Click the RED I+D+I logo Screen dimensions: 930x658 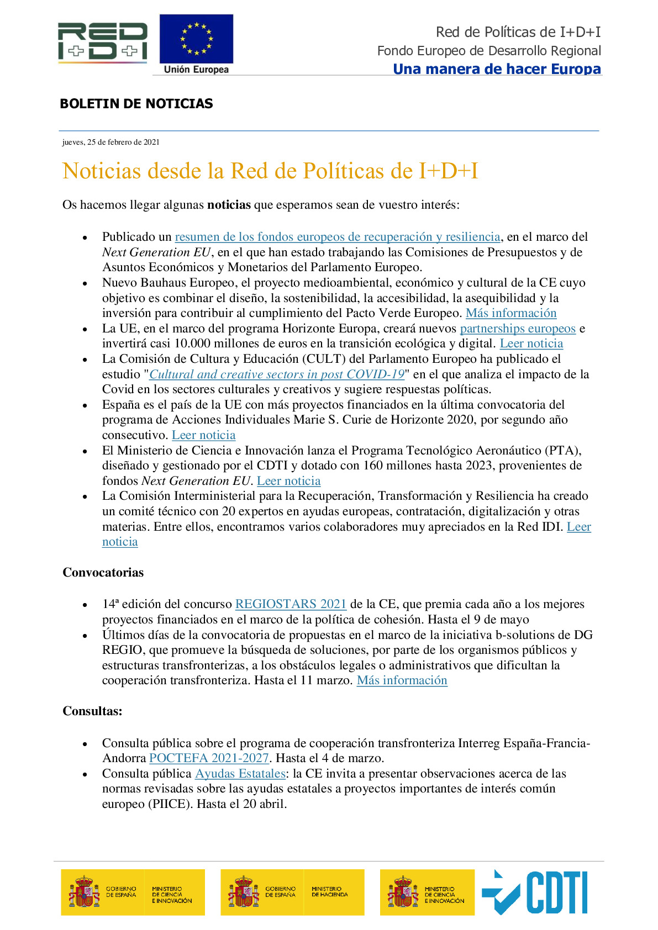(103, 42)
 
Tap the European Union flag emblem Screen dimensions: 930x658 (196, 39)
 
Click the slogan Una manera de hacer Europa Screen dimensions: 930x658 (497, 69)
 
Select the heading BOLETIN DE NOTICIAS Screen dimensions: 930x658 (136, 104)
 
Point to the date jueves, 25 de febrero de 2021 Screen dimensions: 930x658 (111, 142)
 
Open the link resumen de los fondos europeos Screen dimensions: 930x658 (338, 237)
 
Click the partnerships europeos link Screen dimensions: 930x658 (518, 329)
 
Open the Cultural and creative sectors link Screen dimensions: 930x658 (277, 374)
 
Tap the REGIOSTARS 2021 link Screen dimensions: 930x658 (291, 604)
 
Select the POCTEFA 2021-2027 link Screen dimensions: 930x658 (209, 758)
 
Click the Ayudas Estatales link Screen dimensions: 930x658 (240, 774)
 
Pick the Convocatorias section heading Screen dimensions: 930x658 (103, 573)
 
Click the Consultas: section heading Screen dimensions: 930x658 (92, 711)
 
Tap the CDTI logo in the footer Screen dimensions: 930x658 (535, 892)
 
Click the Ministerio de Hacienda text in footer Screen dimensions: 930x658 (329, 892)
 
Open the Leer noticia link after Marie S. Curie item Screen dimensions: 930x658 (203, 435)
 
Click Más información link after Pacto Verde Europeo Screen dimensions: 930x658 (511, 313)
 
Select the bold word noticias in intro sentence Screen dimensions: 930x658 (229, 205)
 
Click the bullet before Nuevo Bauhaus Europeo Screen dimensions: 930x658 (85, 283)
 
